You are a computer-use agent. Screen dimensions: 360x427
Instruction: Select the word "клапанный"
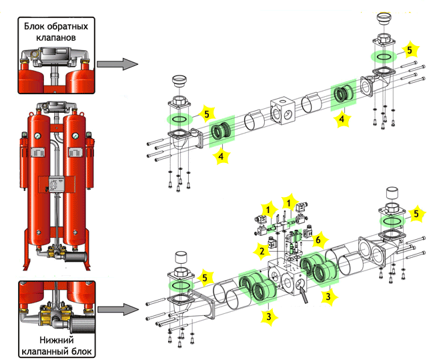[49, 350]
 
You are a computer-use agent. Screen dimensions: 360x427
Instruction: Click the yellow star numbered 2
[262, 250]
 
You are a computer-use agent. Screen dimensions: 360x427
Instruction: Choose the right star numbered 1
[289, 200]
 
